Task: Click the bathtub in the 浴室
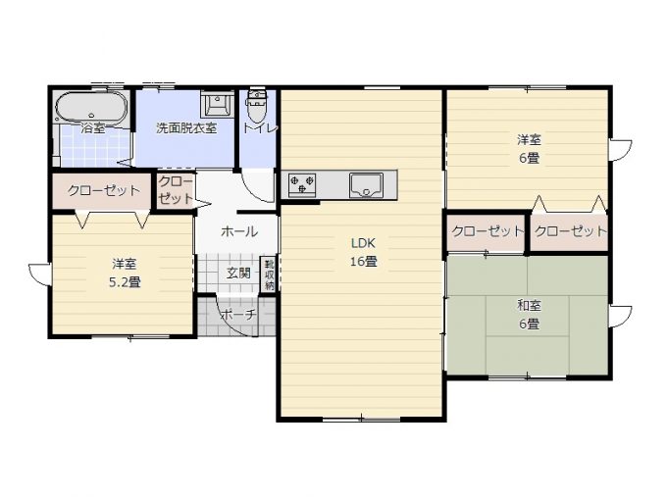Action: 92,107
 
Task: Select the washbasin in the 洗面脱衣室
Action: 217,103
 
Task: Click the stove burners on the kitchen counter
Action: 302,185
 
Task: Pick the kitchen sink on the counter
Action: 366,185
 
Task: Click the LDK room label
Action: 363,243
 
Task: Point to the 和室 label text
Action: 529,305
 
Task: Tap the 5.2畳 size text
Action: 125,282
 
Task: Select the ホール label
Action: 239,231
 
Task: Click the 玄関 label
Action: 238,273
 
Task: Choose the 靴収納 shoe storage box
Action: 269,274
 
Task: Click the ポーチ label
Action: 239,315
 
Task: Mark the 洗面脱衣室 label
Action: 186,127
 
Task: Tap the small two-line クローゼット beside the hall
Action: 176,190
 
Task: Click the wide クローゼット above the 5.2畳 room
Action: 102,190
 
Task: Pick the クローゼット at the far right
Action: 569,232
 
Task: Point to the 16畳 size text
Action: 363,261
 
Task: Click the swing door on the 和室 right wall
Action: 620,317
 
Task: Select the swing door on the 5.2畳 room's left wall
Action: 39,275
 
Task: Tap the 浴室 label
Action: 93,127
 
